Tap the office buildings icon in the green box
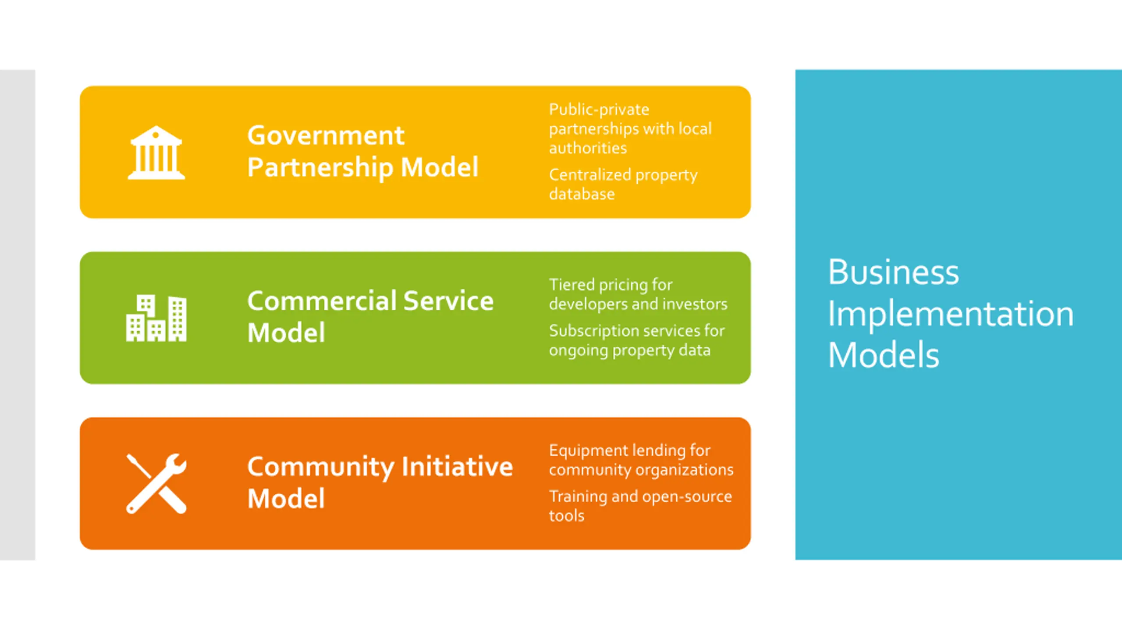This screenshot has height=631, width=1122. [x=156, y=318]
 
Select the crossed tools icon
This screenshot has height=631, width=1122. [x=156, y=483]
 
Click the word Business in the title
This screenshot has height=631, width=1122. [x=893, y=272]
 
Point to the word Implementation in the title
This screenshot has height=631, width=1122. [x=950, y=314]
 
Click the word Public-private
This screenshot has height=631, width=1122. [x=599, y=110]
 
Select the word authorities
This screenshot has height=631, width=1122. [x=588, y=148]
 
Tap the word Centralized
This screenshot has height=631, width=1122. [x=589, y=175]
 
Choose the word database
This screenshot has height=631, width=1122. [x=582, y=194]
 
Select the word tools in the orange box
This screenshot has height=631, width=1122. [x=566, y=516]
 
